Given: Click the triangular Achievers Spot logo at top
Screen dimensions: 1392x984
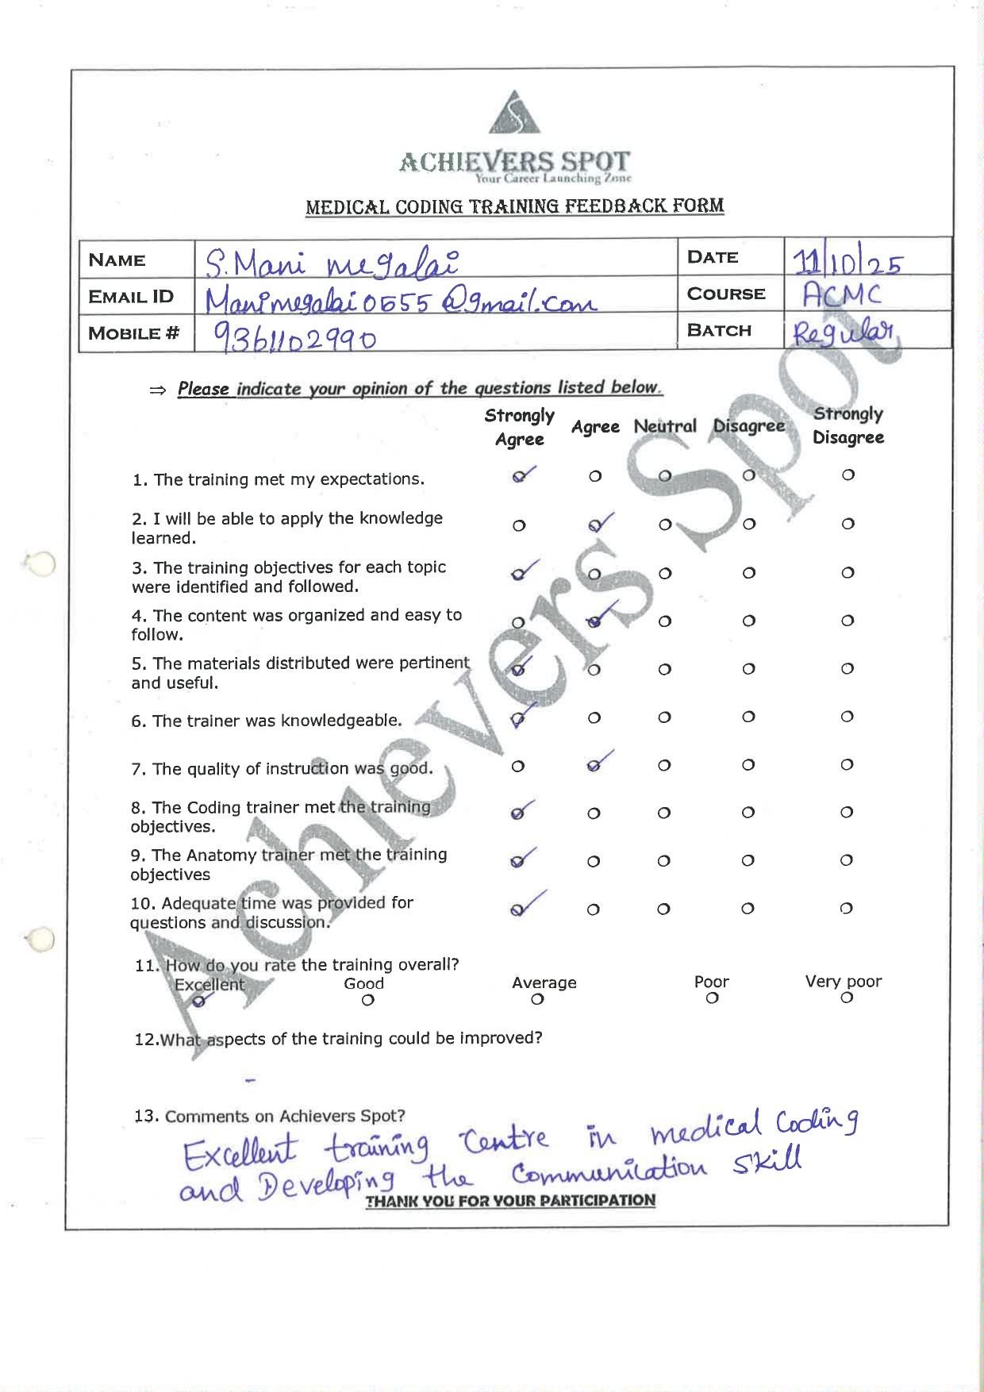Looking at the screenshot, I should (x=514, y=114).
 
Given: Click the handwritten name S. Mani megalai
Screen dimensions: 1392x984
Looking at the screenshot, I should (x=332, y=262).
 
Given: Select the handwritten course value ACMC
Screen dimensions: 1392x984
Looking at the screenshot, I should (x=841, y=295).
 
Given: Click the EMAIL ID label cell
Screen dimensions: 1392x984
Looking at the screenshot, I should (x=132, y=297).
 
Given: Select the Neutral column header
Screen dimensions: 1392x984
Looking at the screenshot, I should (x=665, y=426).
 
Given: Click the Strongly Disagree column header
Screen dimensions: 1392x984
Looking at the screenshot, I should (x=848, y=425).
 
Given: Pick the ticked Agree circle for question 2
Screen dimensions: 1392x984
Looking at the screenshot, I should (x=595, y=525).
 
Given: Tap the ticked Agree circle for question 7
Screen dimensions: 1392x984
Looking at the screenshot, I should (x=594, y=766).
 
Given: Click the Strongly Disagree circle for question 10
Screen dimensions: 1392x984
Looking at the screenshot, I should (x=846, y=908).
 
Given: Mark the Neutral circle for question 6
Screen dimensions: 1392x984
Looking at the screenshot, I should (x=664, y=717).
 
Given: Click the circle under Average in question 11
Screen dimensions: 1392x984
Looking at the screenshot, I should (x=537, y=999).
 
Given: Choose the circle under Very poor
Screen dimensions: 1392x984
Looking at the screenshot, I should (x=847, y=998).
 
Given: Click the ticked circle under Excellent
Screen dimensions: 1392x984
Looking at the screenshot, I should (x=198, y=1002).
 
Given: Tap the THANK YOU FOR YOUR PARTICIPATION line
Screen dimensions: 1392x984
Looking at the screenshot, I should (x=510, y=1201).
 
